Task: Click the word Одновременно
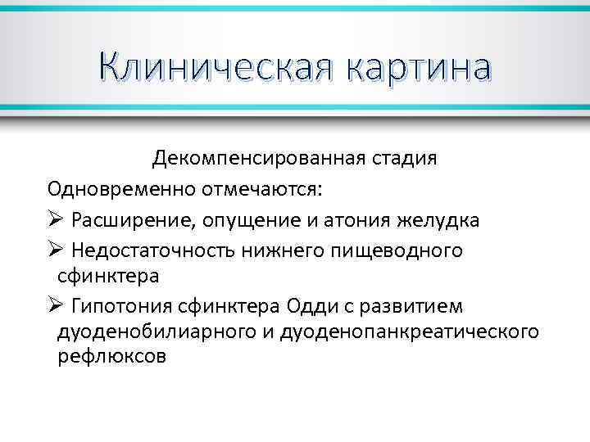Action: [x=120, y=190]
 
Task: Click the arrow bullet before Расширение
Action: [x=55, y=221]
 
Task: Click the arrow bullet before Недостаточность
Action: [x=55, y=250]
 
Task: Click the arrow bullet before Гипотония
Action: [x=55, y=306]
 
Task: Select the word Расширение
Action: [x=130, y=221]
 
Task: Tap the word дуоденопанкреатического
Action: [x=421, y=331]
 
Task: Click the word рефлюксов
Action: [x=111, y=357]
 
